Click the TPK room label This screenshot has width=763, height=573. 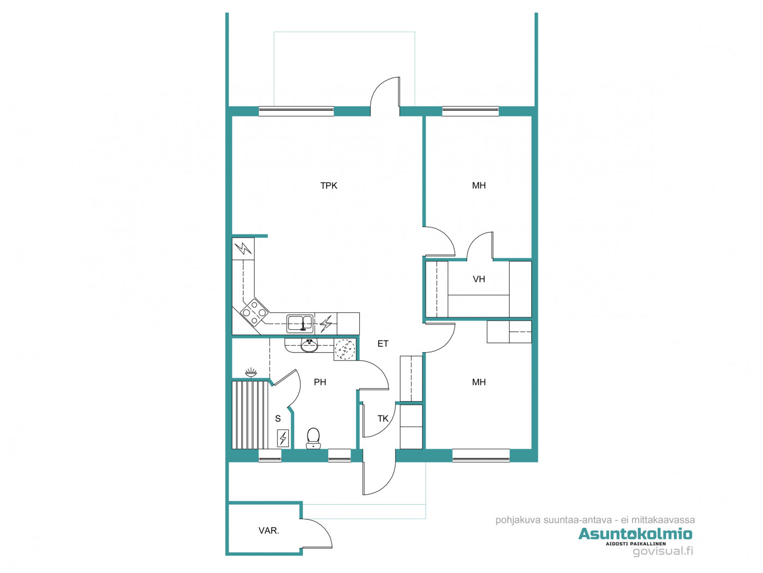[329, 186]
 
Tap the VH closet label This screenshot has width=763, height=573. [479, 279]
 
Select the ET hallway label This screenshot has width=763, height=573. [383, 343]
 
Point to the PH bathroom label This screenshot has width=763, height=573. [320, 382]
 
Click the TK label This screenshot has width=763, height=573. [383, 419]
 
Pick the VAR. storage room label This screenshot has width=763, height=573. [269, 530]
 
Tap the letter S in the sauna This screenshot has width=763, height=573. [278, 419]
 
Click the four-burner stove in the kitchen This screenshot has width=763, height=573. [254, 312]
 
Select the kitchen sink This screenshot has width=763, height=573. [299, 323]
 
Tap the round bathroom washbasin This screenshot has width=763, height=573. [308, 346]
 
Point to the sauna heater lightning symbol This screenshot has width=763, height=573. [283, 438]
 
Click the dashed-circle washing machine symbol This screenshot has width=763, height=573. [344, 349]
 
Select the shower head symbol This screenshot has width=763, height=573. [251, 372]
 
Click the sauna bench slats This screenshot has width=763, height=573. [250, 415]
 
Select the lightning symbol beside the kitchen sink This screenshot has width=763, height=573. [326, 323]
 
